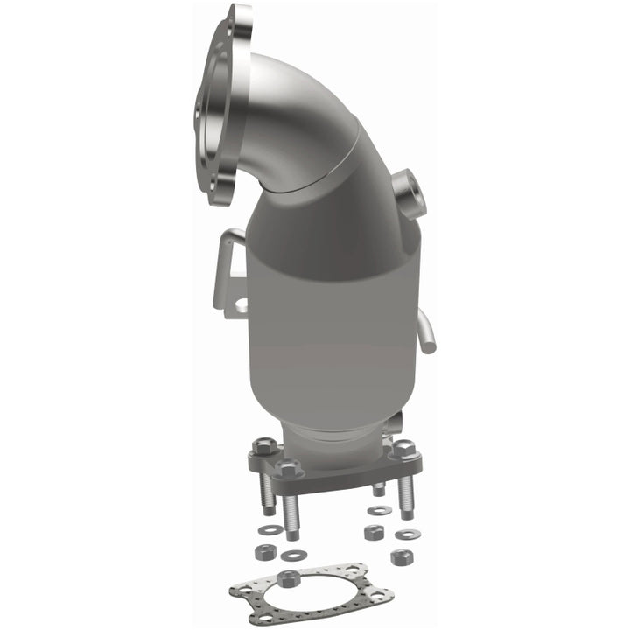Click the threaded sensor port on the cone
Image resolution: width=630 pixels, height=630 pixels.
pyautogui.click(x=404, y=186)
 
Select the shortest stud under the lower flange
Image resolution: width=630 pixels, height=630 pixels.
pyautogui.click(x=378, y=489)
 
